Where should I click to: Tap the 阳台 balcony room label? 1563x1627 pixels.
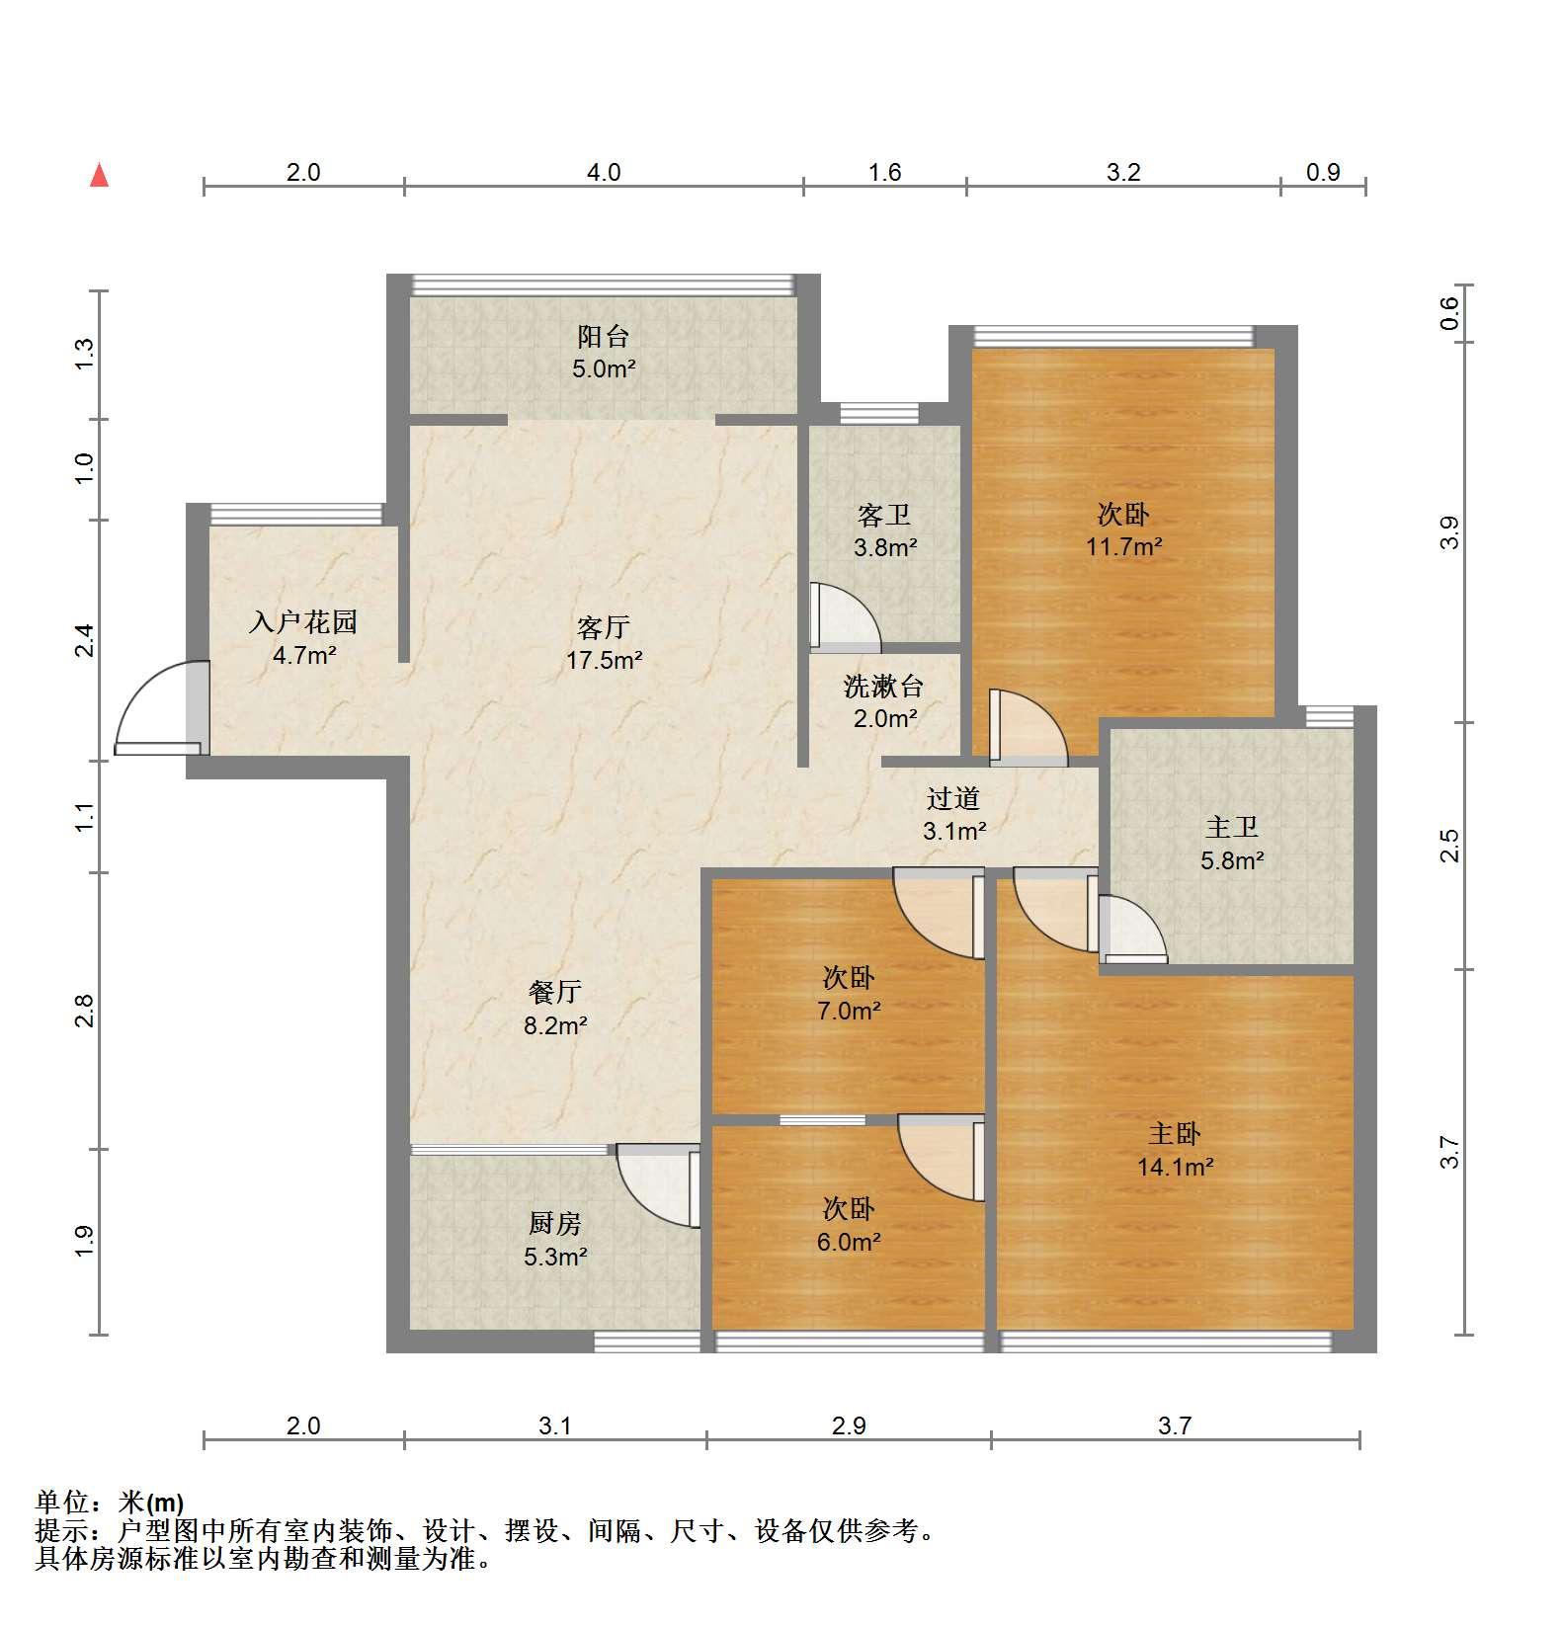point(604,337)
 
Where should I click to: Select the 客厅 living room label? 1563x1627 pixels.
point(604,627)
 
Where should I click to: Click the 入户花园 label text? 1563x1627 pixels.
point(303,621)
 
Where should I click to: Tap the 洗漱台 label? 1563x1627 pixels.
point(884,686)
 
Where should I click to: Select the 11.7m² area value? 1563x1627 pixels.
point(1124,546)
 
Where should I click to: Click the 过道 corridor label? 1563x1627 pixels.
point(953,798)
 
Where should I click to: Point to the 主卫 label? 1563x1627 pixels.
point(1232,827)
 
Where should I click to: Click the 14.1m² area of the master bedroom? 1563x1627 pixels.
point(1175,1167)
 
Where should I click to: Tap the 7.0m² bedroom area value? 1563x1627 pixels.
point(849,1011)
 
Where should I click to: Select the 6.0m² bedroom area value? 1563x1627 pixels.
point(849,1242)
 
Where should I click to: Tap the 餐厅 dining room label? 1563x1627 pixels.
point(555,992)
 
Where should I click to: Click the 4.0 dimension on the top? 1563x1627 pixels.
point(604,173)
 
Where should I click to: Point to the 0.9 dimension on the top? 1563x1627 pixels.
point(1323,173)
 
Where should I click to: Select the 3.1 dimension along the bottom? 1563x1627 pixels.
point(555,1425)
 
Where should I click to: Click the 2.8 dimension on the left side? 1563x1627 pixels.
point(85,1011)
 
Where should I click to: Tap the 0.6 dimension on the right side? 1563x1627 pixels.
point(1448,313)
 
